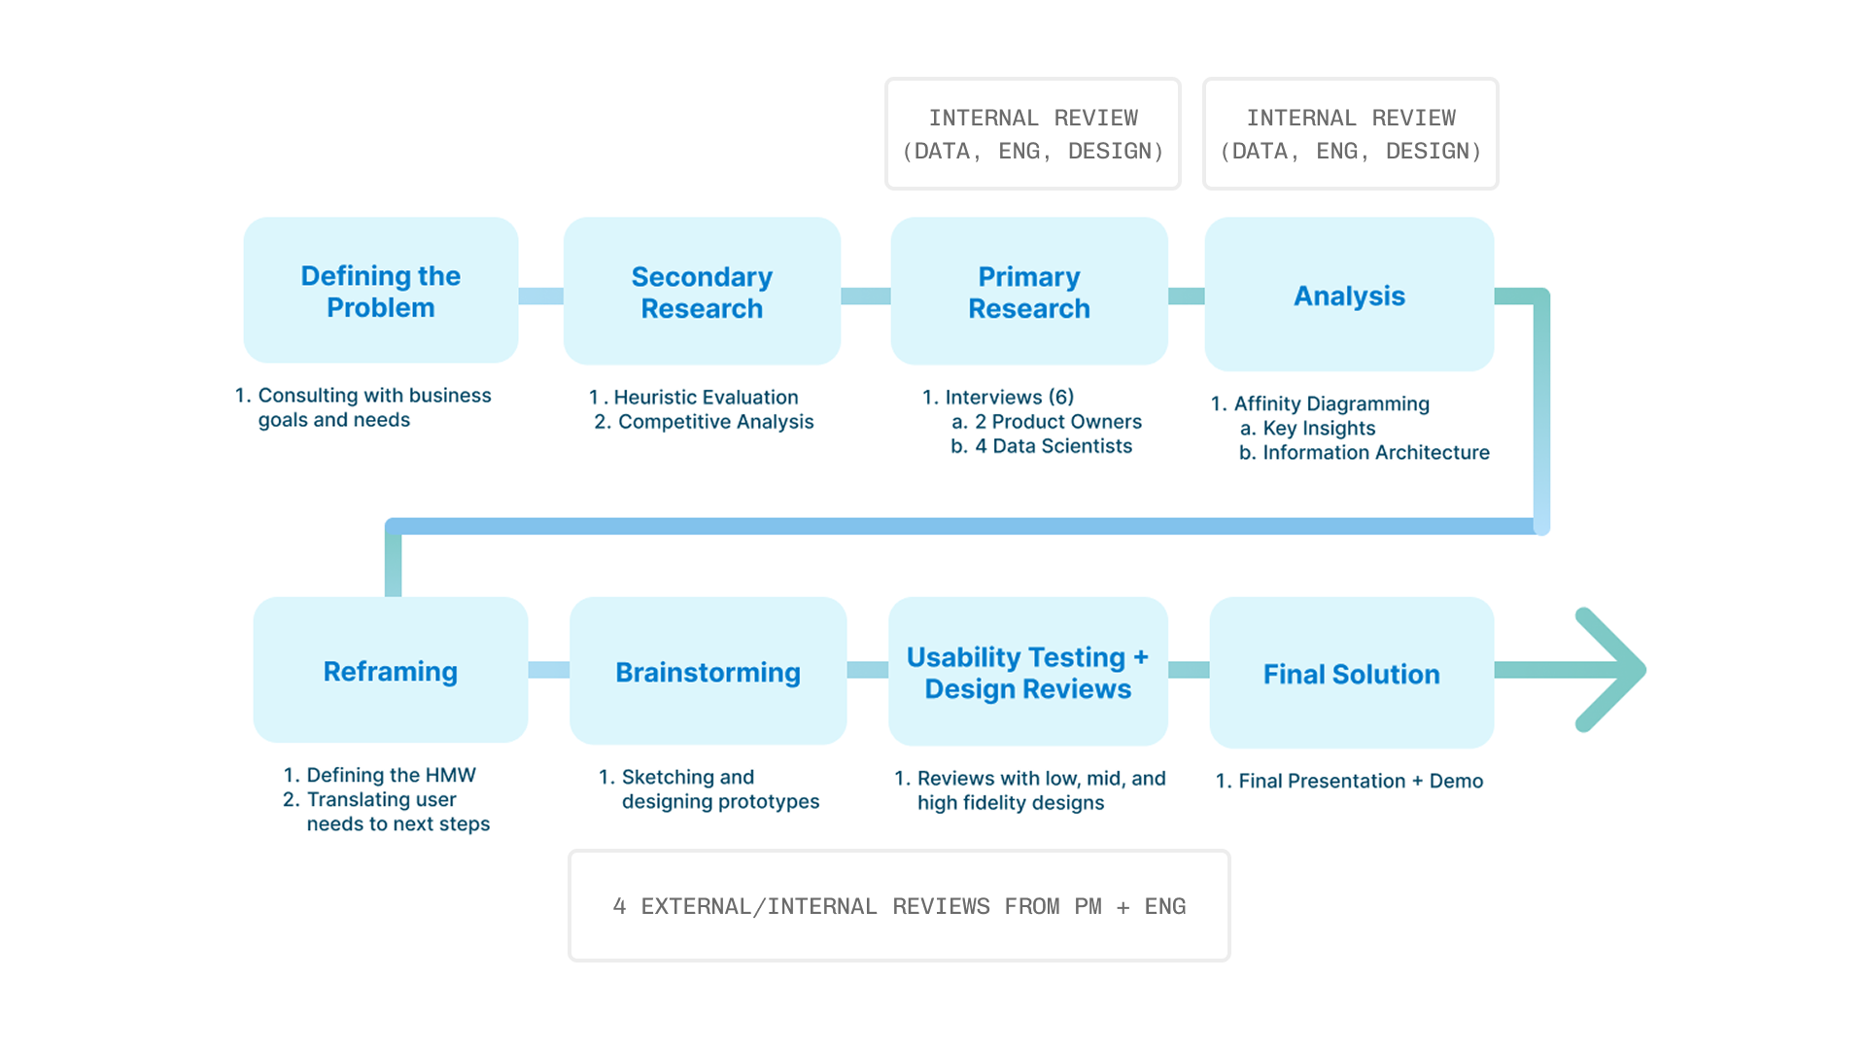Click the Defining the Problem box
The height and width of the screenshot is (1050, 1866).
pos(381,290)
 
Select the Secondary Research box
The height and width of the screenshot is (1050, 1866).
pos(702,291)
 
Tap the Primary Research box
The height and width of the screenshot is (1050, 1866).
pos(1029,291)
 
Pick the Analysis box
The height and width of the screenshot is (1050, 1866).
pos(1349,294)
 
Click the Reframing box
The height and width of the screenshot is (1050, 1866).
pos(391,670)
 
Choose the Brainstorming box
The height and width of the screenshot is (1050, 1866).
pos(708,671)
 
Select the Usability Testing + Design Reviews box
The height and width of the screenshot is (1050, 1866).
pos(1028,671)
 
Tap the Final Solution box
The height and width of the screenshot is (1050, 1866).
pos(1352,673)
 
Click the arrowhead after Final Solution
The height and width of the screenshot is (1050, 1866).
pos(1613,670)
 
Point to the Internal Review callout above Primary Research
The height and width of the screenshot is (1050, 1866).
pos(1033,133)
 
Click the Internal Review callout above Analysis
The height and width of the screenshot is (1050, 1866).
pos(1351,133)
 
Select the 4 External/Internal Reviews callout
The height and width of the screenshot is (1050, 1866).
pos(899,905)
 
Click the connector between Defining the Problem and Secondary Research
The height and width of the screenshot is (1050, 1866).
pos(540,296)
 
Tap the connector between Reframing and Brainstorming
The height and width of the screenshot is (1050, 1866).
pos(549,670)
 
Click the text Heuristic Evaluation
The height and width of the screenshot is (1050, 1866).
pos(707,397)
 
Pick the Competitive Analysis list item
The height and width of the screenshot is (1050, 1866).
pos(705,421)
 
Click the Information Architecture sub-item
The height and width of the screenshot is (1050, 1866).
pos(1365,452)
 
